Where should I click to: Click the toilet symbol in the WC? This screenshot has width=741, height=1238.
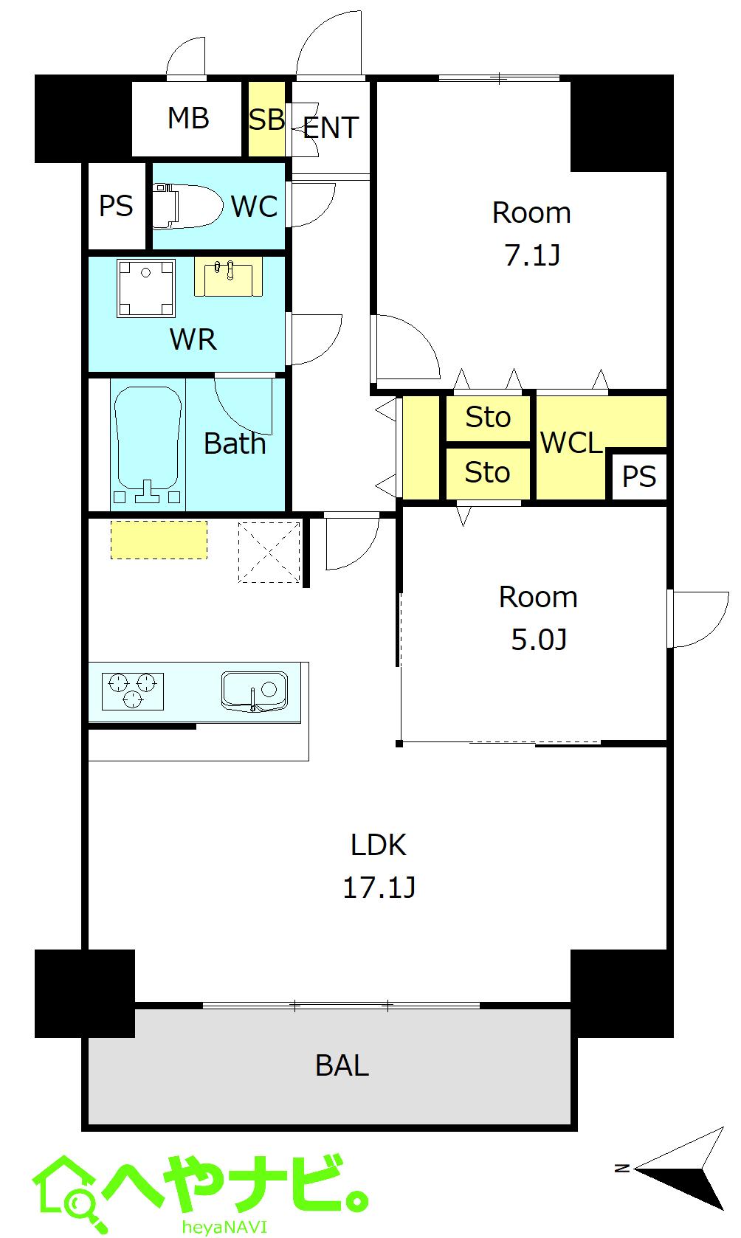coord(186,206)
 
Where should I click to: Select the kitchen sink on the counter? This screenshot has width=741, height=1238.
coord(255,691)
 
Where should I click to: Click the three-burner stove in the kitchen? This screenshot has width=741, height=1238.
coord(133,691)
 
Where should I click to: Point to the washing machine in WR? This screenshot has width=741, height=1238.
coord(146,288)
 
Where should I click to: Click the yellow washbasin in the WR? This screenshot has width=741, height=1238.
coord(228,277)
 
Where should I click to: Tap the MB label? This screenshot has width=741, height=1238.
coord(188,118)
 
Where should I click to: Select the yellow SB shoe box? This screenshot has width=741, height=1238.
coord(266,119)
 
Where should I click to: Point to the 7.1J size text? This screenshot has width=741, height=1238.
coord(532,255)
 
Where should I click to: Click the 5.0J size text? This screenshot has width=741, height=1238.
coord(539,639)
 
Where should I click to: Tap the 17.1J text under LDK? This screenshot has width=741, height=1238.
coord(379,887)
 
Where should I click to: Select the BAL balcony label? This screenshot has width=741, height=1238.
coord(342,1065)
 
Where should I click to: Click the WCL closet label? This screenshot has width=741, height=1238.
coord(571,443)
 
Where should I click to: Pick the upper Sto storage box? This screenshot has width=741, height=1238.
coord(488,418)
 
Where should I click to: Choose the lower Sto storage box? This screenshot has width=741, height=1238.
coord(488,473)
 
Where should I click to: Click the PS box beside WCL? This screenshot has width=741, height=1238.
coord(638,477)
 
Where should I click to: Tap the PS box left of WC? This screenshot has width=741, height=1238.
coord(117,206)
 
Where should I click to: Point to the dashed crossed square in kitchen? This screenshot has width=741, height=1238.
coord(269,552)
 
